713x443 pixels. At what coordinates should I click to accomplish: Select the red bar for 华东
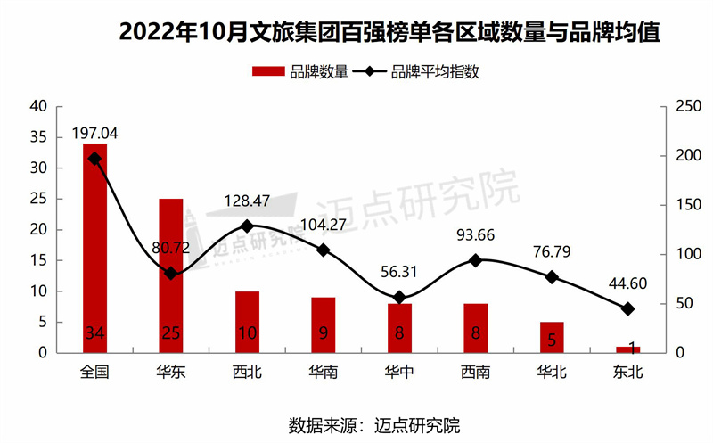(171, 276)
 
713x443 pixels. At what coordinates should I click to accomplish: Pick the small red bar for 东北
(627, 349)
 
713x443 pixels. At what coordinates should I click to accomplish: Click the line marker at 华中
(399, 298)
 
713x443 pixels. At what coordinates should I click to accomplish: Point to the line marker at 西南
(475, 260)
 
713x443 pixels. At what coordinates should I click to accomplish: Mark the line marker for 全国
(95, 159)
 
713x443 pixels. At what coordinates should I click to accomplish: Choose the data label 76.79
(551, 253)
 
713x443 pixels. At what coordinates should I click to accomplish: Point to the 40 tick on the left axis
(38, 107)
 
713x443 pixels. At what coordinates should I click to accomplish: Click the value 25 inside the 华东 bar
(171, 333)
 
